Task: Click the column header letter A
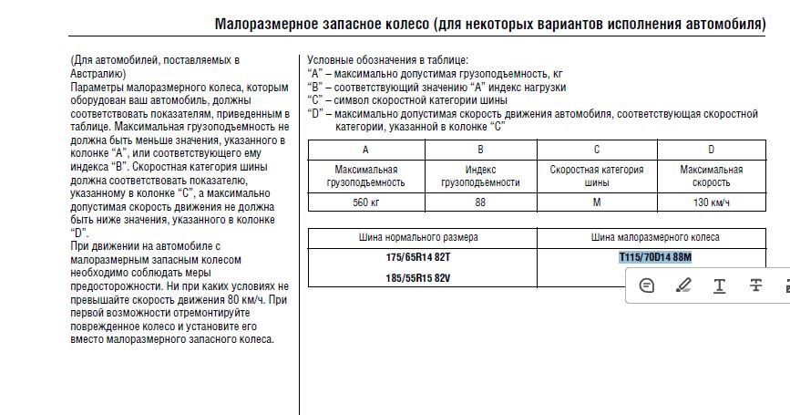point(365,150)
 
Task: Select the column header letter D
point(712,150)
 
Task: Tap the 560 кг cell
point(365,202)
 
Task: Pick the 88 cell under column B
point(480,202)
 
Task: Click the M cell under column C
point(596,202)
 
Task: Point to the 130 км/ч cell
point(712,202)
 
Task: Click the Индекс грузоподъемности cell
point(480,176)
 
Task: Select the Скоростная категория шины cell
point(596,176)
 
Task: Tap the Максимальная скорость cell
point(712,176)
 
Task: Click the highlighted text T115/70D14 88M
point(655,257)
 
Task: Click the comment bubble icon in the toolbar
point(647,285)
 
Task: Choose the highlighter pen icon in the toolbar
point(683,285)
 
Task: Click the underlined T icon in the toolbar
point(720,285)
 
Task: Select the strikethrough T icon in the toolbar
point(755,285)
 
